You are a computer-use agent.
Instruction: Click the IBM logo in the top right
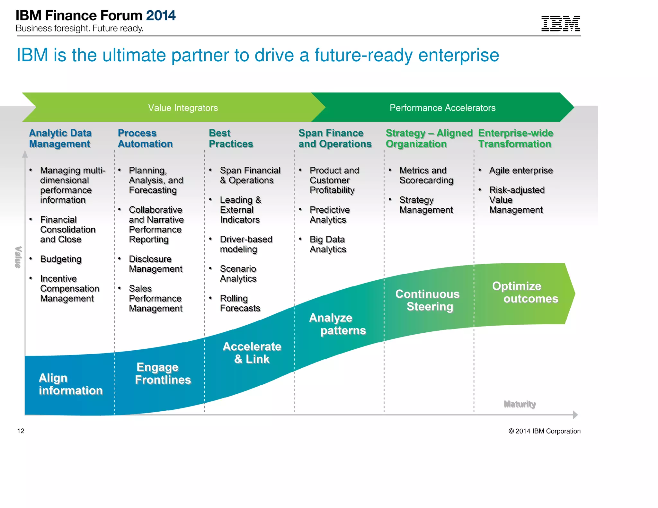click(x=560, y=23)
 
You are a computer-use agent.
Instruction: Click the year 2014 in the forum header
click(x=161, y=15)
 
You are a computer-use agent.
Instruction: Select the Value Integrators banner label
click(x=183, y=108)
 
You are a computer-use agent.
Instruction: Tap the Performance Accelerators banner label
click(x=442, y=108)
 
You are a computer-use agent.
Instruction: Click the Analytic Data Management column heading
click(x=60, y=138)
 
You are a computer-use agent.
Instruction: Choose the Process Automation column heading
click(x=145, y=138)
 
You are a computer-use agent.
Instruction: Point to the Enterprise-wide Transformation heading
click(x=515, y=138)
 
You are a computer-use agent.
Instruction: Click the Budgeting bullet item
click(x=61, y=259)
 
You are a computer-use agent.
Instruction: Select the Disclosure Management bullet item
click(x=156, y=264)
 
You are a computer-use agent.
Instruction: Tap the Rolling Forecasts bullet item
click(x=240, y=303)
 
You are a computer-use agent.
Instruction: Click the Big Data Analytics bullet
click(x=328, y=244)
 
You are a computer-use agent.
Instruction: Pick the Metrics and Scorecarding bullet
click(x=426, y=175)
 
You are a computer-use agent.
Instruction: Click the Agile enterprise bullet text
click(x=521, y=171)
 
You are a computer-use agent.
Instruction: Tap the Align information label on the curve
click(x=70, y=384)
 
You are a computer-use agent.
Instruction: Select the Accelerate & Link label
click(x=252, y=353)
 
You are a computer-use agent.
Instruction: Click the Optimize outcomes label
click(x=525, y=292)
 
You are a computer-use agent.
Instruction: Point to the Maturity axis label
click(x=520, y=404)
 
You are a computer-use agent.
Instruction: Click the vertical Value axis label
click(x=18, y=257)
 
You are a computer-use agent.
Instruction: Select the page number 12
click(x=21, y=431)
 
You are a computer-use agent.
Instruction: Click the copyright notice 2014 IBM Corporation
click(x=544, y=431)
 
